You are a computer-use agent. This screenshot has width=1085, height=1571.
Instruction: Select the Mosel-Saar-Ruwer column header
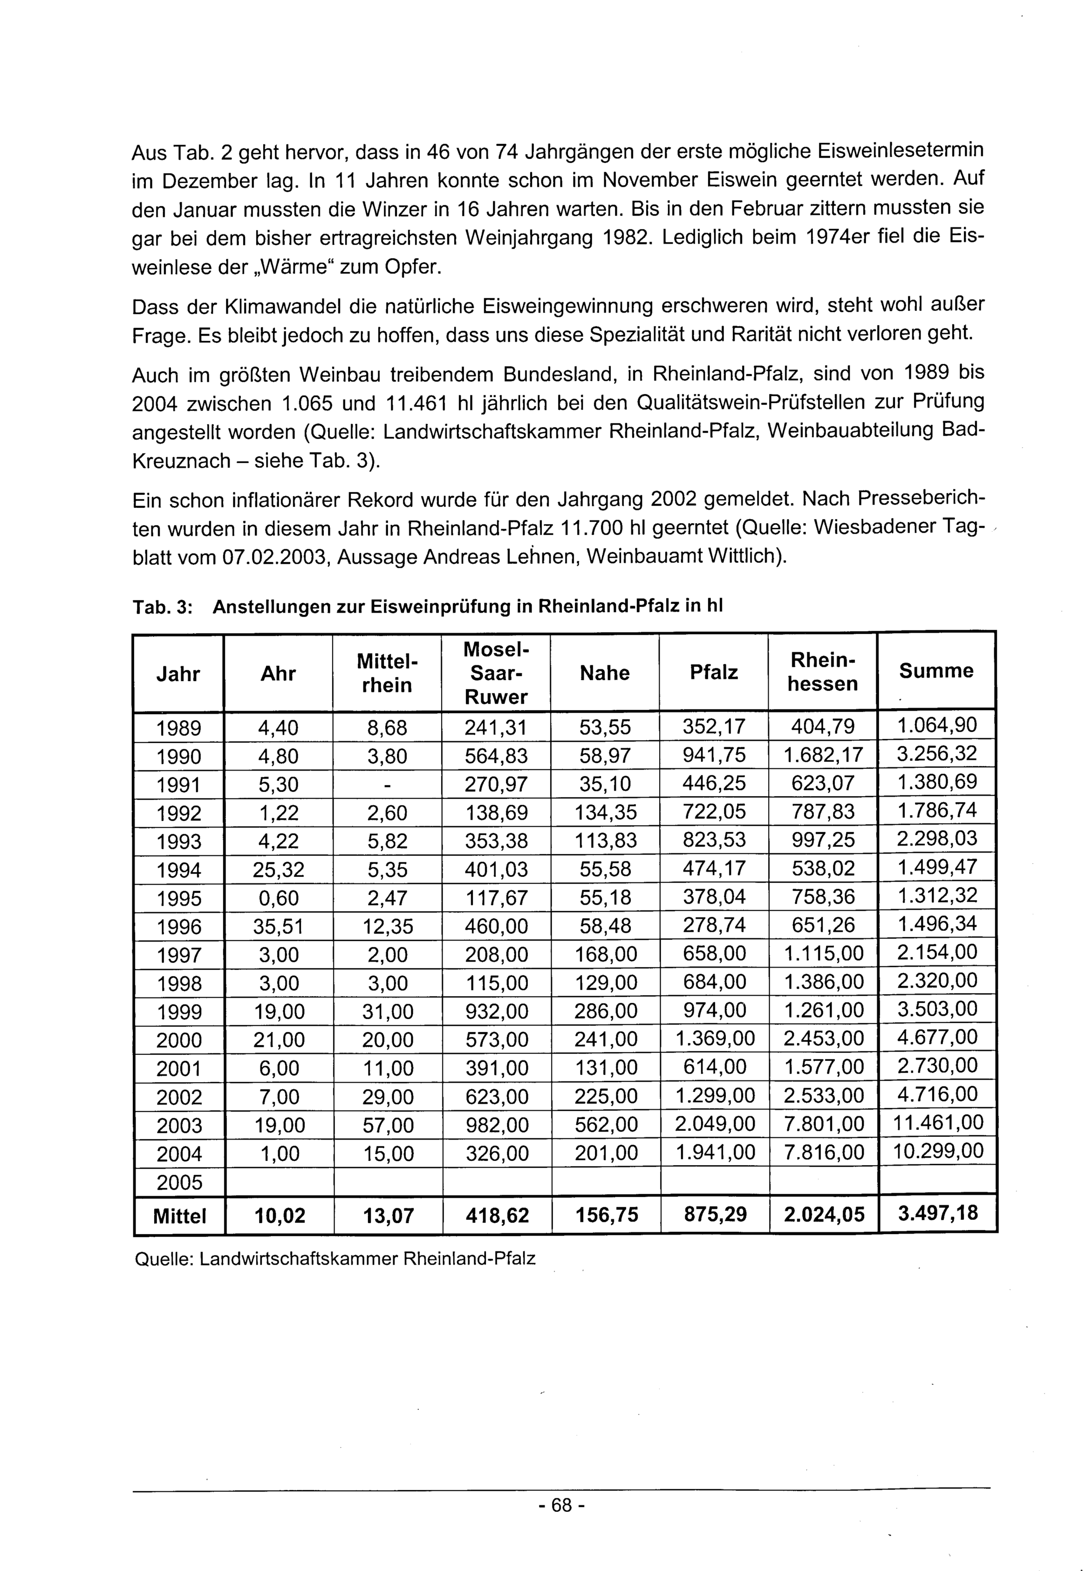tap(496, 672)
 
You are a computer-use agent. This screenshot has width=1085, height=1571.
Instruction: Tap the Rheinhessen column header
tap(822, 672)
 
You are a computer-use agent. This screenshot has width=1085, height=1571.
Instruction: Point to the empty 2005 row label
tap(179, 1182)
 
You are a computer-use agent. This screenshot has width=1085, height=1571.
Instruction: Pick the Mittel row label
tap(179, 1216)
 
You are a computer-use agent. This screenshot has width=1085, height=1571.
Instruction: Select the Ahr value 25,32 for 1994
tap(278, 870)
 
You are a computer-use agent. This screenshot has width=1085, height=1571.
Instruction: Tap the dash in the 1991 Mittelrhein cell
tap(387, 785)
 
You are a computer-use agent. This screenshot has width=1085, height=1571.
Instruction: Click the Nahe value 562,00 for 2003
tap(605, 1125)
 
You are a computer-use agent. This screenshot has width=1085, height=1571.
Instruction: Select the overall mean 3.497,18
tap(937, 1214)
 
